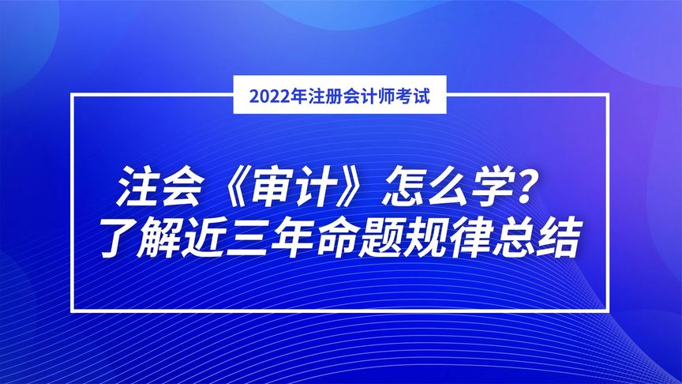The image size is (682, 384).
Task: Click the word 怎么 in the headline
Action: click(x=425, y=186)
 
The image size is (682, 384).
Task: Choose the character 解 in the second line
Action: click(x=157, y=238)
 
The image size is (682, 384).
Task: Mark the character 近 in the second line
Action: click(x=201, y=238)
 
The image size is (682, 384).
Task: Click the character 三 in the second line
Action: click(x=246, y=239)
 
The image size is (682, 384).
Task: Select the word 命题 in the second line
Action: click(x=357, y=238)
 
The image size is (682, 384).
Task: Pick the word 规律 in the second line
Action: click(x=446, y=238)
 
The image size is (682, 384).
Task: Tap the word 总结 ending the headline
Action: click(x=535, y=238)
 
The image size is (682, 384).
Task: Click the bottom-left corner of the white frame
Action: click(x=72, y=311)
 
